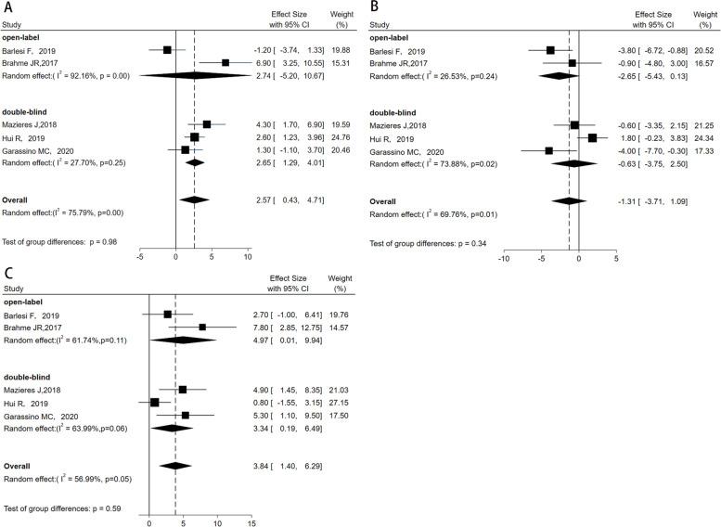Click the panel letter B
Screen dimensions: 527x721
(376, 7)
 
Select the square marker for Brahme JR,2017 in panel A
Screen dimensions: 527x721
(225, 63)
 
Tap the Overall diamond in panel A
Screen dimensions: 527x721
(194, 199)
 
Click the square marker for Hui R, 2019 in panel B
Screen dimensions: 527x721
(593, 137)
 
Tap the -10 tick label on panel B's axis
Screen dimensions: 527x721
(503, 258)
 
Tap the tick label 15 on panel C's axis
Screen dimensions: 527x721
(251, 522)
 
